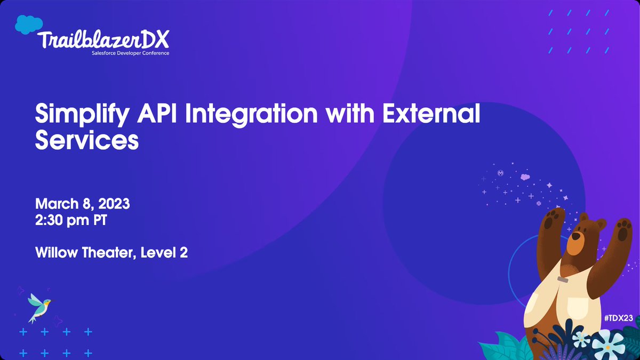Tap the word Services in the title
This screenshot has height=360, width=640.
tap(87, 139)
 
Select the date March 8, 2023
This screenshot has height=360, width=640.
tap(83, 204)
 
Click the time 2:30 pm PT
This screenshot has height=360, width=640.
tap(71, 220)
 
